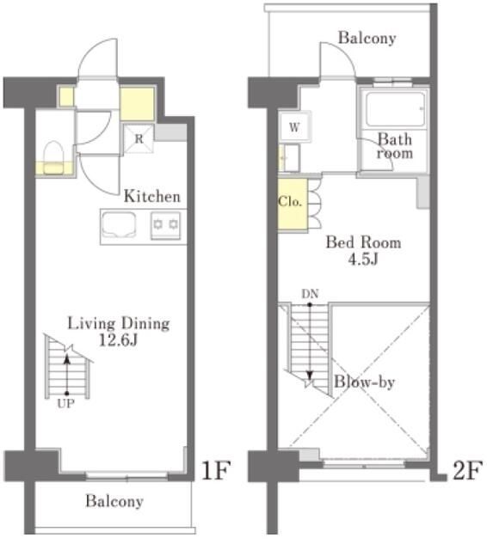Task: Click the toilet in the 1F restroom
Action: coord(53,157)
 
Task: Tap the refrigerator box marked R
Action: coord(139,139)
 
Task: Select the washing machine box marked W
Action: coord(295,126)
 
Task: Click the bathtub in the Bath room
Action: coord(395,108)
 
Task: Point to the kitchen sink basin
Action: coord(119,225)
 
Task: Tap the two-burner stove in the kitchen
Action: coord(165,225)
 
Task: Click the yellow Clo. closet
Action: coord(293,205)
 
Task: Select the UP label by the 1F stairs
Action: coord(65,404)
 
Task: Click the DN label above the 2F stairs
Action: coord(310,294)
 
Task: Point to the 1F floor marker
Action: coord(216,470)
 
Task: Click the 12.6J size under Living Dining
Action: coord(118,339)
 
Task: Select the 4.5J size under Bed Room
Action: coord(363,260)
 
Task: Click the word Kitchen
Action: coord(152,197)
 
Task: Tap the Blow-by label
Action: coord(364,382)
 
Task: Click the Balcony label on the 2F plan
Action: coord(367,38)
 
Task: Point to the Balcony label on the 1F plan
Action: coord(114,501)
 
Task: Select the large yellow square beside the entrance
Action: coord(138,104)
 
